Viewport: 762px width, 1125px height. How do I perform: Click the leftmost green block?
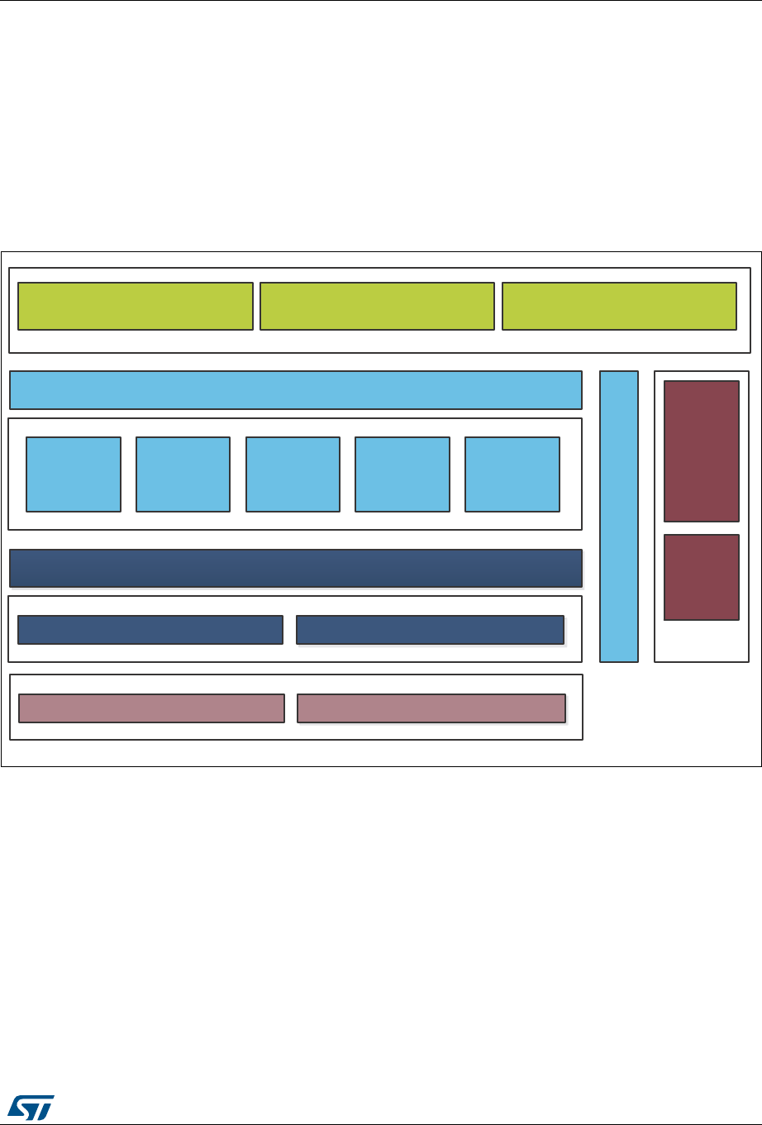136,306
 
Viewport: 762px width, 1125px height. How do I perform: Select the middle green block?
377,306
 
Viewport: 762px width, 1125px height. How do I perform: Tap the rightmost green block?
619,306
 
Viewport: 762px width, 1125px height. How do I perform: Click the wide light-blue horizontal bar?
296,390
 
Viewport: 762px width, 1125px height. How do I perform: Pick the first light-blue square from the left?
74,474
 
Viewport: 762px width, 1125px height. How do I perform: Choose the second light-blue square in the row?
183,474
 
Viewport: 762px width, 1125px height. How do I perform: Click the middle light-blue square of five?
293,474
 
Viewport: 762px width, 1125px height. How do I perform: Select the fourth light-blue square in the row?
402,474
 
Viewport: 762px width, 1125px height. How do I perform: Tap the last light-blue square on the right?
512,474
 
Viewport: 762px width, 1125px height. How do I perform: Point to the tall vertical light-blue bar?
619,517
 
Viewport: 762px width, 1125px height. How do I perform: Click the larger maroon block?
702,451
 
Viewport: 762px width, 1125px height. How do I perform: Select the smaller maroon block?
702,577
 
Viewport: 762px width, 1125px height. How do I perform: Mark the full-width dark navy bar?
296,568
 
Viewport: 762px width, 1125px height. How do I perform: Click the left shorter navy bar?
150,630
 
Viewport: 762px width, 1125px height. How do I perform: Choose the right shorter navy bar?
430,630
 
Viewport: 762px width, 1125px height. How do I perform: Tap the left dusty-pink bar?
151,708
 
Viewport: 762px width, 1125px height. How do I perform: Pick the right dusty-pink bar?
431,708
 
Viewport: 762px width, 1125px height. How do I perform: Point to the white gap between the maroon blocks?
702,528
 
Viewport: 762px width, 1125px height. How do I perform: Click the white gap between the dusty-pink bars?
291,708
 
